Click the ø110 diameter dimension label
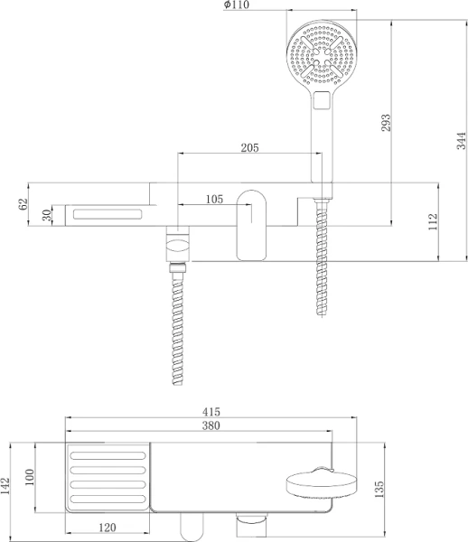[x=238, y=6]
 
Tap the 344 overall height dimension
[x=460, y=140]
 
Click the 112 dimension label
[x=433, y=220]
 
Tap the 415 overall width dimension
[x=211, y=411]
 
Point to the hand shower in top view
[x=323, y=484]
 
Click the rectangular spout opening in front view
[x=108, y=214]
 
